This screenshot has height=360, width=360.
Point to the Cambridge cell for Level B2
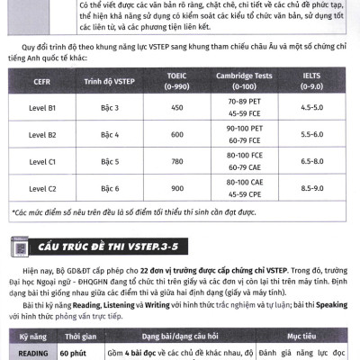[x=252, y=135]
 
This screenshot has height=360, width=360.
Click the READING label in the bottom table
[x=32, y=354]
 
